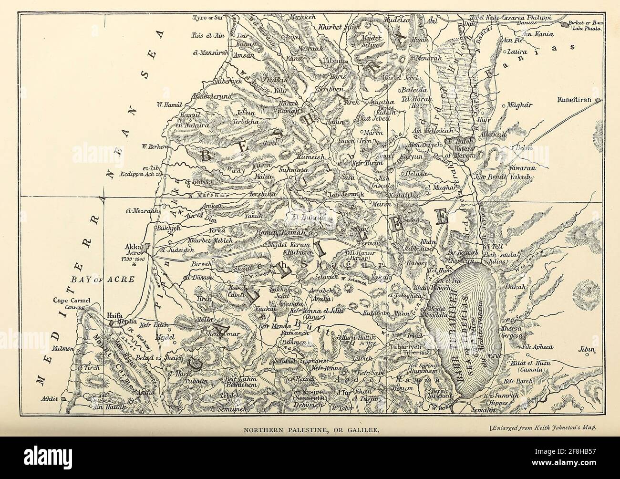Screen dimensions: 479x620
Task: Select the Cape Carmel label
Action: [x=71, y=301]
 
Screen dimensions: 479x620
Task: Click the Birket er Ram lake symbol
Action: [x=567, y=23]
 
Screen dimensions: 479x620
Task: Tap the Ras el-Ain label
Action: [x=204, y=36]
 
